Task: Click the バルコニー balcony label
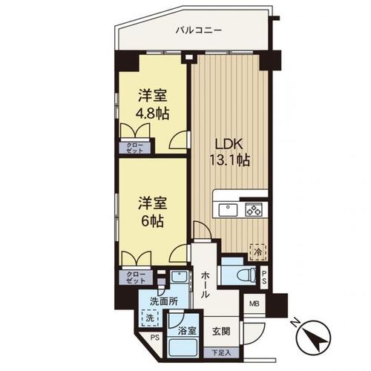pyautogui.click(x=199, y=31)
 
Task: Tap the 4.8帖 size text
pyautogui.click(x=152, y=114)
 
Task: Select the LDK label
pyautogui.click(x=229, y=145)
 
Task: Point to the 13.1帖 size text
pyautogui.click(x=230, y=160)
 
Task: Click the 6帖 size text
pyautogui.click(x=152, y=221)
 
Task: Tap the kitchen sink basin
pyautogui.click(x=228, y=210)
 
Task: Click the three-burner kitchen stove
pyautogui.click(x=254, y=210)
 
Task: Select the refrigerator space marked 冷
pyautogui.click(x=257, y=252)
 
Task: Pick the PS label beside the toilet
pyautogui.click(x=264, y=277)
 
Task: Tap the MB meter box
pyautogui.click(x=255, y=303)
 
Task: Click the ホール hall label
pyautogui.click(x=205, y=284)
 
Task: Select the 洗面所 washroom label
pyautogui.click(x=164, y=301)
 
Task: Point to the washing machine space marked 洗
pyautogui.click(x=150, y=318)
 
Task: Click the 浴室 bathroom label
pyautogui.click(x=187, y=331)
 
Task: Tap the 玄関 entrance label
pyautogui.click(x=221, y=332)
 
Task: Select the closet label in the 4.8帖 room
pyautogui.click(x=135, y=148)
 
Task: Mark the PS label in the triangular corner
pyautogui.click(x=155, y=338)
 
